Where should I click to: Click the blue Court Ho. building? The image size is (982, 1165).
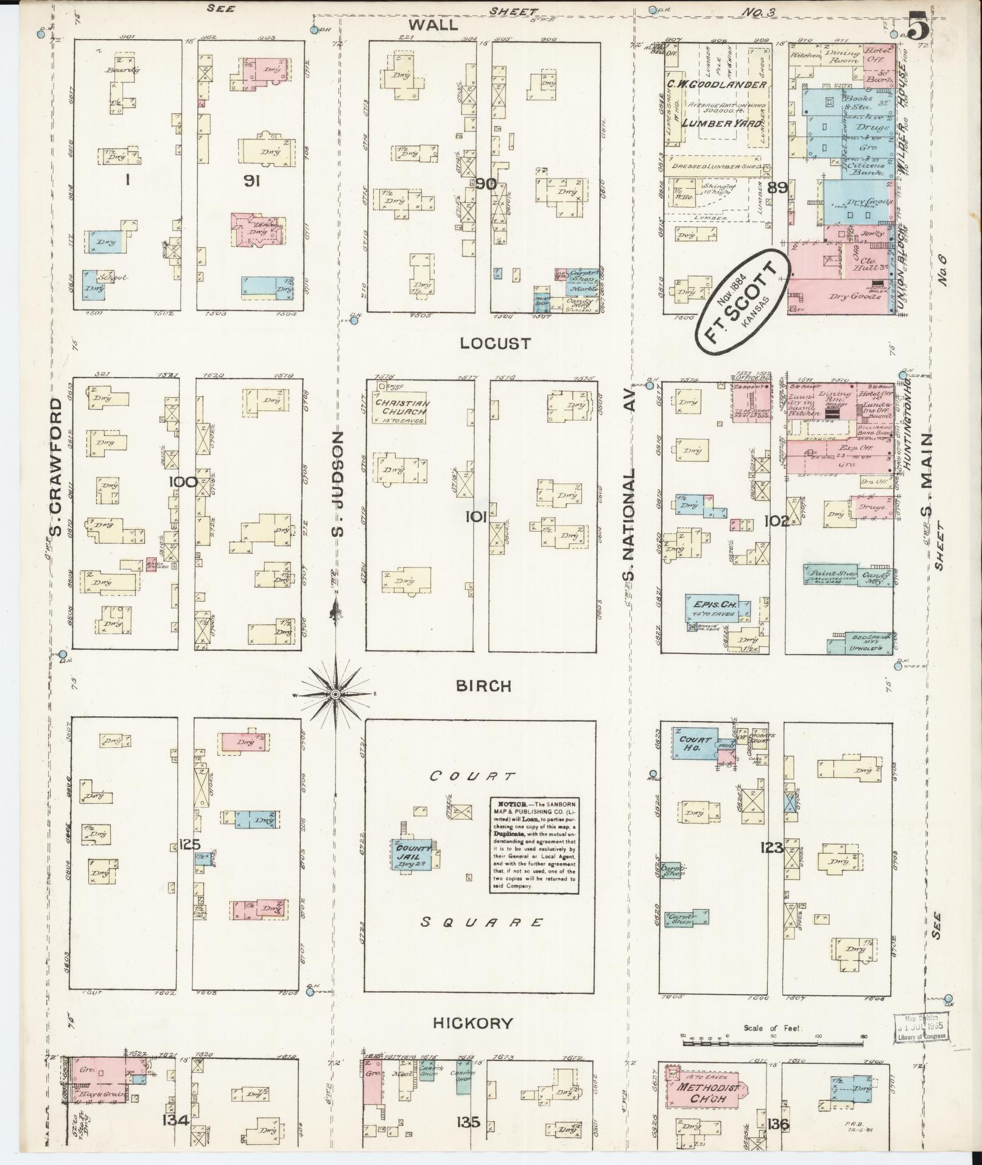695,744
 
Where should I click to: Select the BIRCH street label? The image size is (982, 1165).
484,686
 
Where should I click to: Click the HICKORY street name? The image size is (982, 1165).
473,1023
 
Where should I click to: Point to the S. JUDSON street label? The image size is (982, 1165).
338,484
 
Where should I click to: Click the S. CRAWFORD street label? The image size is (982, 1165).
57,468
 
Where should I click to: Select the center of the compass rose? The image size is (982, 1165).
335,694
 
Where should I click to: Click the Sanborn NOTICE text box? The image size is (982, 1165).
534,846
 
